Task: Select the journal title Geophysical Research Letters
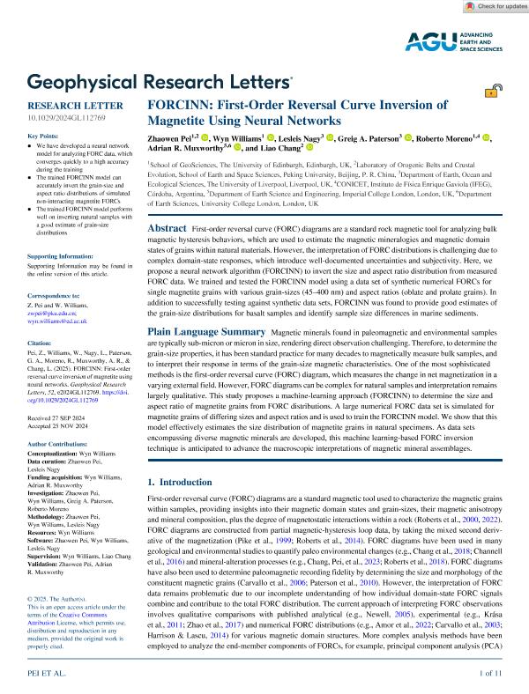[x=160, y=83]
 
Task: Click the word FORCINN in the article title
[x=186, y=103]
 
